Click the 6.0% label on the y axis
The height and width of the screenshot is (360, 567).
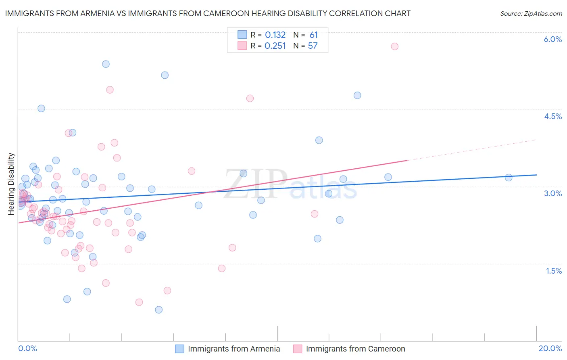pos(552,39)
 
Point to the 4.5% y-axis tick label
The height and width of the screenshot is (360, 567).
pos(552,116)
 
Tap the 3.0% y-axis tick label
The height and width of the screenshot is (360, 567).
pos(552,193)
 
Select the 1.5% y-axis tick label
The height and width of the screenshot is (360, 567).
pos(554,271)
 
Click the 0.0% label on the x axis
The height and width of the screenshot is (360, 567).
pos(27,348)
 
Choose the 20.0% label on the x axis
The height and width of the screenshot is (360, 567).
pos(550,348)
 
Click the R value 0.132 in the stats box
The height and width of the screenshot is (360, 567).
pos(275,35)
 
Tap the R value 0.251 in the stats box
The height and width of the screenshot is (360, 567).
pos(275,46)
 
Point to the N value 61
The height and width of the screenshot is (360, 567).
pos(313,35)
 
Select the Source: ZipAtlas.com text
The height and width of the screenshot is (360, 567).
pos(531,13)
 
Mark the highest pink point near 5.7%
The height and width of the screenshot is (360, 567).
pos(394,46)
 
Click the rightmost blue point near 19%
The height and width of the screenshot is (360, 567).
pos(509,178)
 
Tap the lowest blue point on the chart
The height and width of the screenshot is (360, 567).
pos(158,310)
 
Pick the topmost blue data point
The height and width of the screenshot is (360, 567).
pos(106,64)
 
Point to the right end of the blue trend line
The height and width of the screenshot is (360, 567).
pos(536,175)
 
